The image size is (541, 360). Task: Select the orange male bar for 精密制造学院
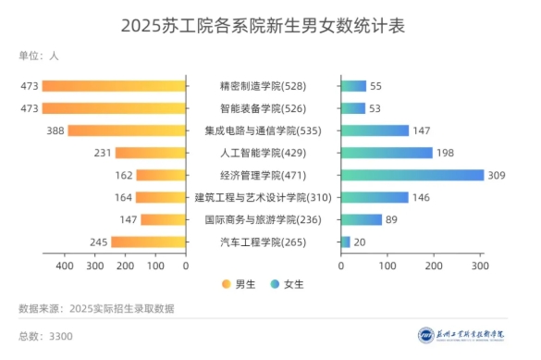114,86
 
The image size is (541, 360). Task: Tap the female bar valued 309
412,175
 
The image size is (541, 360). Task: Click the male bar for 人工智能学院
151,153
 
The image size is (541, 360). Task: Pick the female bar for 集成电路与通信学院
375,130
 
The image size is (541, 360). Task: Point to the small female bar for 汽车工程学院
346,242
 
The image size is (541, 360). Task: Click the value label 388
54,130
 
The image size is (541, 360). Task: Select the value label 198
447,153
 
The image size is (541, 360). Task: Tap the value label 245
98,242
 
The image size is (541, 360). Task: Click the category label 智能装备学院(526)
263,108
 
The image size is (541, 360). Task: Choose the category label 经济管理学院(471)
263,175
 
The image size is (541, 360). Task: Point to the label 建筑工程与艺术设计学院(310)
263,197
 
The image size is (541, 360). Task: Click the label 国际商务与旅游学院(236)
263,219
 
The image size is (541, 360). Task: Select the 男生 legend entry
239,284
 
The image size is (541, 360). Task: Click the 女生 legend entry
288,284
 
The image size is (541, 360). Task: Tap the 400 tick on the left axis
65,266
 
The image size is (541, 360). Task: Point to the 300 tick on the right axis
479,266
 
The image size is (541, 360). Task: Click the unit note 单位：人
39,56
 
